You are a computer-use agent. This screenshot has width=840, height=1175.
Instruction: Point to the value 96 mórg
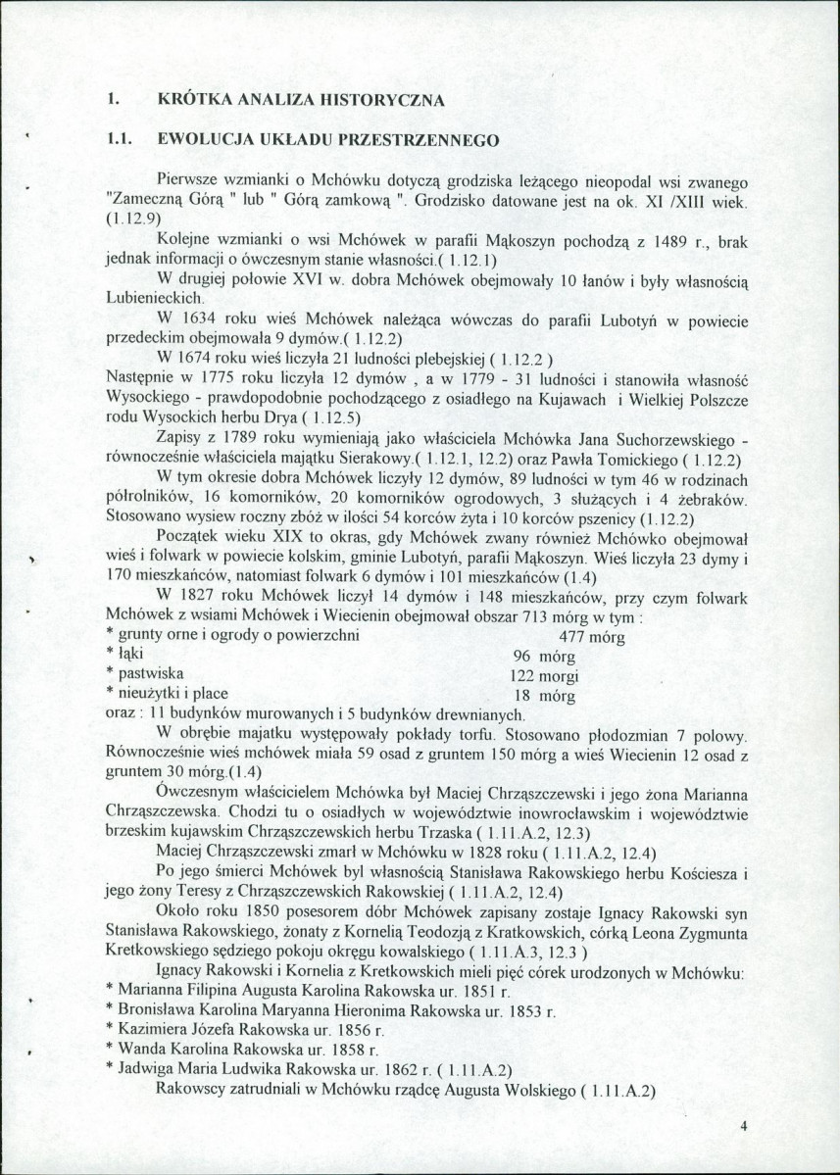point(542,656)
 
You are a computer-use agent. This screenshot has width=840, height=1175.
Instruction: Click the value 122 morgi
point(545,676)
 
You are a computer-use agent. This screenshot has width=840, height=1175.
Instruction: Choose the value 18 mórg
point(542,696)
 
